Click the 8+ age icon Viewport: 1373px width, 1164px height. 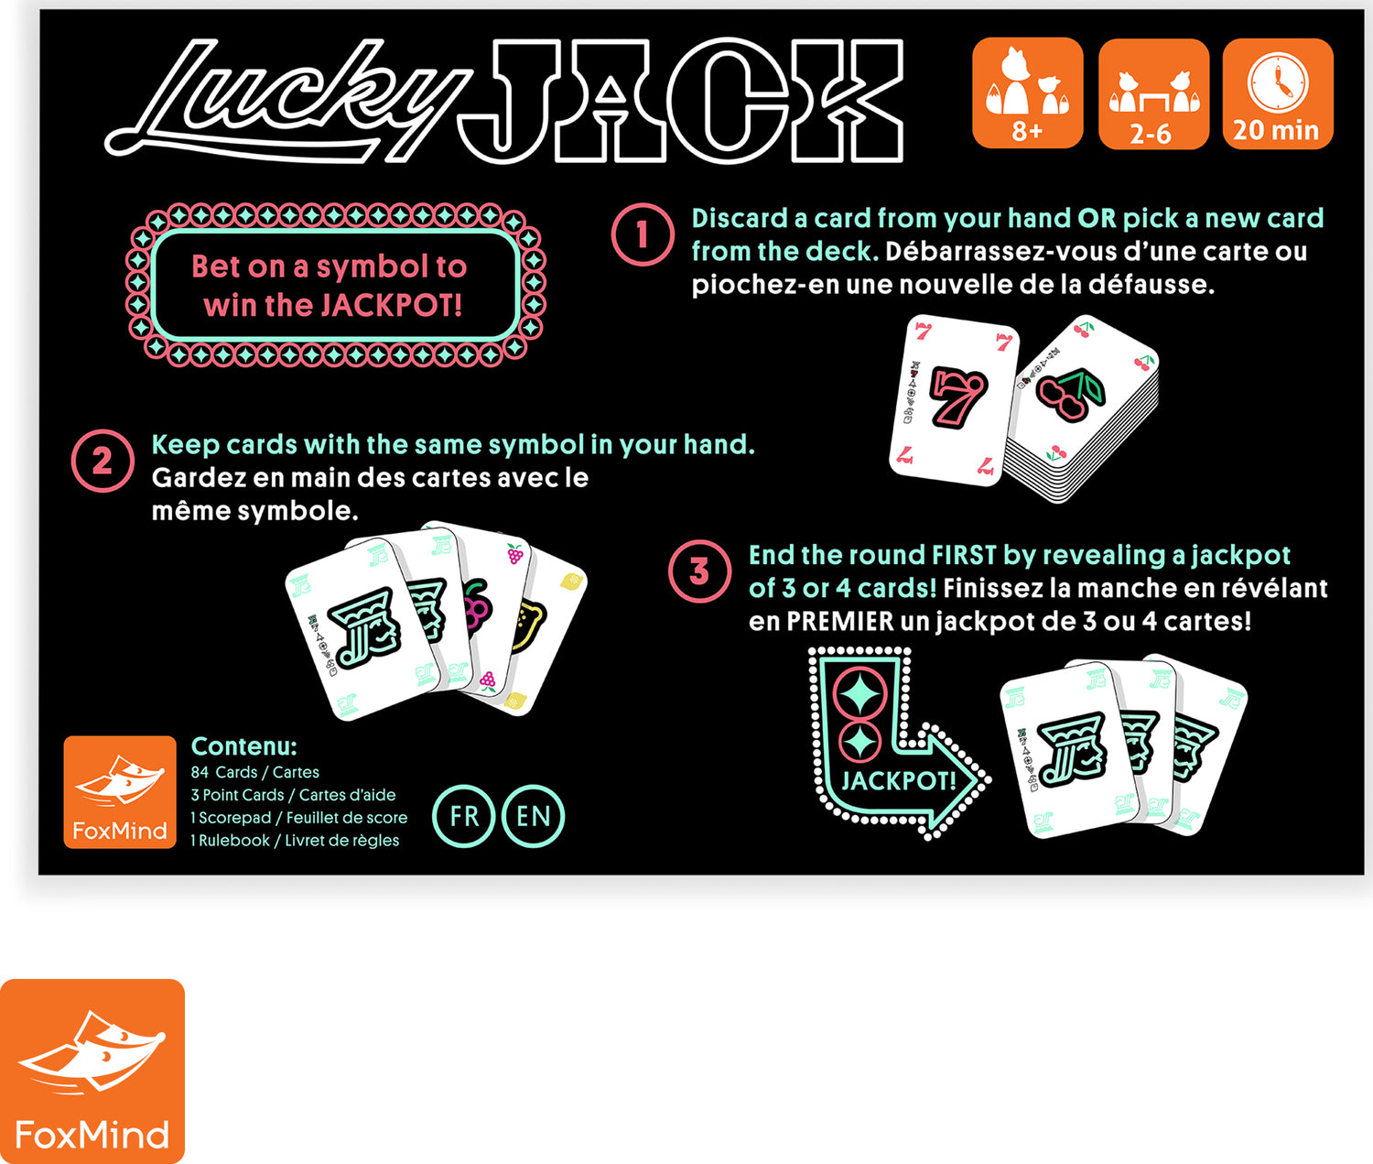point(1027,92)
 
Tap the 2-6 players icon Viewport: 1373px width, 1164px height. point(1152,93)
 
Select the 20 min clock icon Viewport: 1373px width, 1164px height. point(1277,93)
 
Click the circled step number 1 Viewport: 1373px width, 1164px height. point(643,234)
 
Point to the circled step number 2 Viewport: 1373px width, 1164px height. point(103,461)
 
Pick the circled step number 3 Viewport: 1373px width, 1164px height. point(699,571)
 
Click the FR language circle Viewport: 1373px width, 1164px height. point(464,816)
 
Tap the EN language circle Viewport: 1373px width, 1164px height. point(533,816)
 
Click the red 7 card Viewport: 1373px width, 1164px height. point(954,399)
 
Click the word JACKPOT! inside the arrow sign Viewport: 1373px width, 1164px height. point(898,781)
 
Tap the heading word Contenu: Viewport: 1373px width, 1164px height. point(243,746)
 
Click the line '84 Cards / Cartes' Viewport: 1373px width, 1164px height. point(254,772)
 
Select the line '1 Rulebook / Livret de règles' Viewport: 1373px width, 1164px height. point(295,840)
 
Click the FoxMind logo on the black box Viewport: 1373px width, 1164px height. point(120,792)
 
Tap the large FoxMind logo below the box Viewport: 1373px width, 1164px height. point(92,1072)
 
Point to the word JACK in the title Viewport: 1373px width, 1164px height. point(682,101)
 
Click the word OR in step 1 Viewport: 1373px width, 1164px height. point(1097,218)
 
